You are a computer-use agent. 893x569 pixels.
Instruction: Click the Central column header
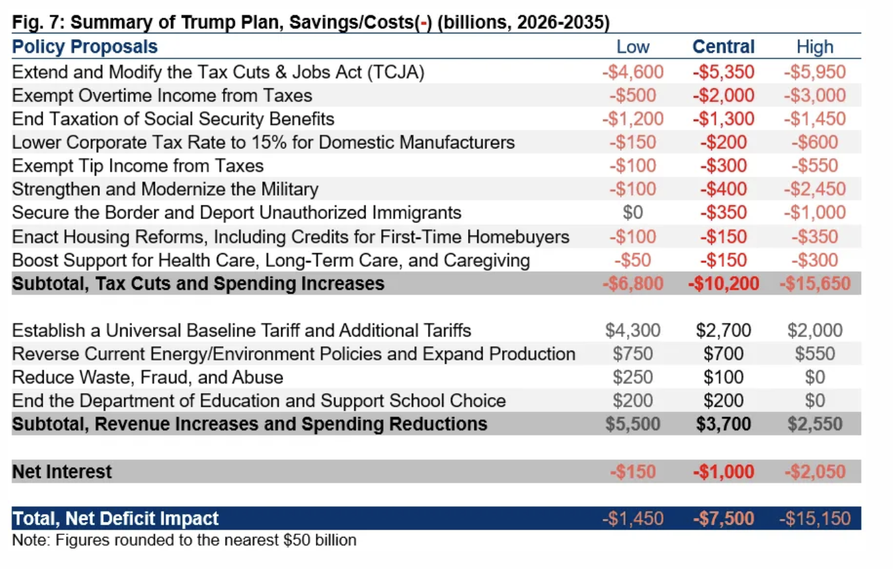723,47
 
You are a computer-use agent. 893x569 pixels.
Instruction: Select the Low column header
633,47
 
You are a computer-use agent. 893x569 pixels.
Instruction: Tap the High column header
815,47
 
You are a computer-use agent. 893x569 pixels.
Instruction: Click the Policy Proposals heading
85,47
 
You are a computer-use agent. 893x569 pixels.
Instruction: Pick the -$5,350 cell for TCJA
723,72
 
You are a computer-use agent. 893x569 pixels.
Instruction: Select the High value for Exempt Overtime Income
815,95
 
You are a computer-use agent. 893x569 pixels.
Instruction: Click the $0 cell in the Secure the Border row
633,213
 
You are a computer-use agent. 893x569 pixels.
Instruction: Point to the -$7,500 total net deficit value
723,519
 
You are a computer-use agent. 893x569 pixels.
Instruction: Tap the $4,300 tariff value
633,330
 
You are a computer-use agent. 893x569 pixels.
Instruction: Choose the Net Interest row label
62,472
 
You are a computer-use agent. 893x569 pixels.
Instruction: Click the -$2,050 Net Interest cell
815,472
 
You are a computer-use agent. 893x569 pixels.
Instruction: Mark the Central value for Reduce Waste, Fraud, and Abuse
723,377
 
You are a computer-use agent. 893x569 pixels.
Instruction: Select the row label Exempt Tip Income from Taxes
138,166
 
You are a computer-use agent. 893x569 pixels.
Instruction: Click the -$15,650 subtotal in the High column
815,283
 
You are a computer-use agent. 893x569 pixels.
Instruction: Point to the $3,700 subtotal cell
723,424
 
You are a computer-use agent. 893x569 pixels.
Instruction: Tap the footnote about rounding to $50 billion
184,541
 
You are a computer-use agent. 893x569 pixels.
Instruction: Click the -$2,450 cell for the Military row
815,190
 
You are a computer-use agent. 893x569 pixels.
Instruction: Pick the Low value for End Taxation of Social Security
633,119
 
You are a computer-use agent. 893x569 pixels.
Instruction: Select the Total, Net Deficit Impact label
116,519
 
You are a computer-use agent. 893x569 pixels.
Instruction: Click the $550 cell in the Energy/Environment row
815,354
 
